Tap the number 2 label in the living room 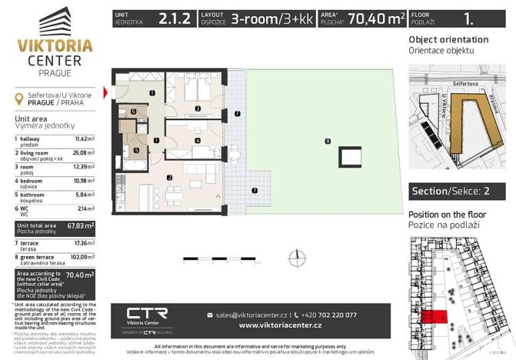169,178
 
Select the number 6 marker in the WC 133,112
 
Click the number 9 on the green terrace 328,142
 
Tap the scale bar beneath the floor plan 231,259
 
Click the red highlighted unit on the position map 434,316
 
